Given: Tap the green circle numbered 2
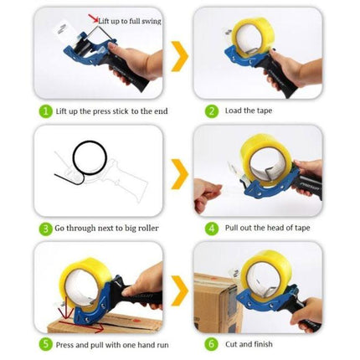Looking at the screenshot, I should (213, 111).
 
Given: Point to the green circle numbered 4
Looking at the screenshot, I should (213, 227).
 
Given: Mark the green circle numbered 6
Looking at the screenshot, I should (213, 343).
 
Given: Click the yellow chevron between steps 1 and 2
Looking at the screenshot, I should (178, 60).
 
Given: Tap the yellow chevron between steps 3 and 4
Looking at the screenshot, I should (178, 177).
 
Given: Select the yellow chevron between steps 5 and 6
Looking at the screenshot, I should (178, 292).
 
